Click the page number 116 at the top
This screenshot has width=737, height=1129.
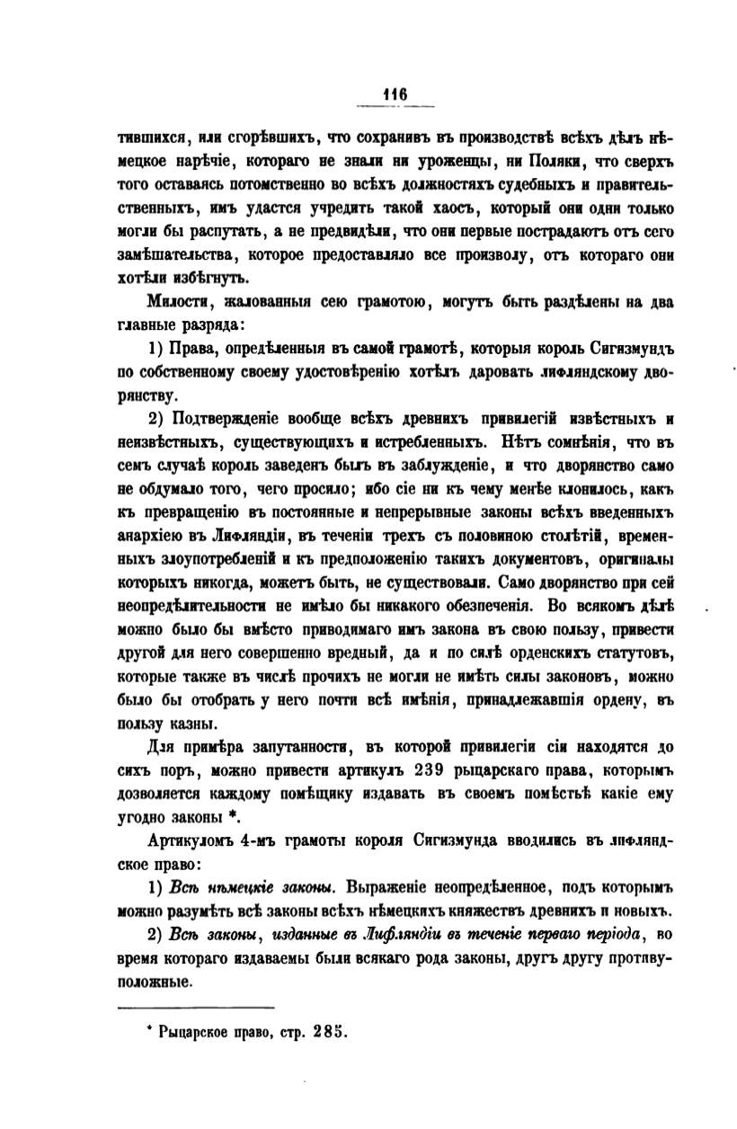point(395,93)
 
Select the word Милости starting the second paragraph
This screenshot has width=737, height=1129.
point(174,301)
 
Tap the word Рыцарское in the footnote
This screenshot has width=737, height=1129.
point(194,1034)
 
